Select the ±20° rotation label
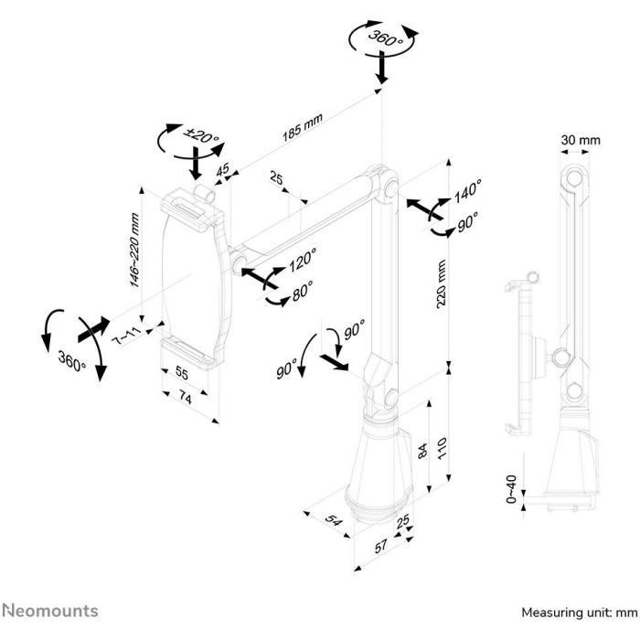tap(203, 138)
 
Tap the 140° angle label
tap(467, 192)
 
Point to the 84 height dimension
tap(421, 450)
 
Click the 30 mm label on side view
tap(581, 140)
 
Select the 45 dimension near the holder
tap(223, 168)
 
